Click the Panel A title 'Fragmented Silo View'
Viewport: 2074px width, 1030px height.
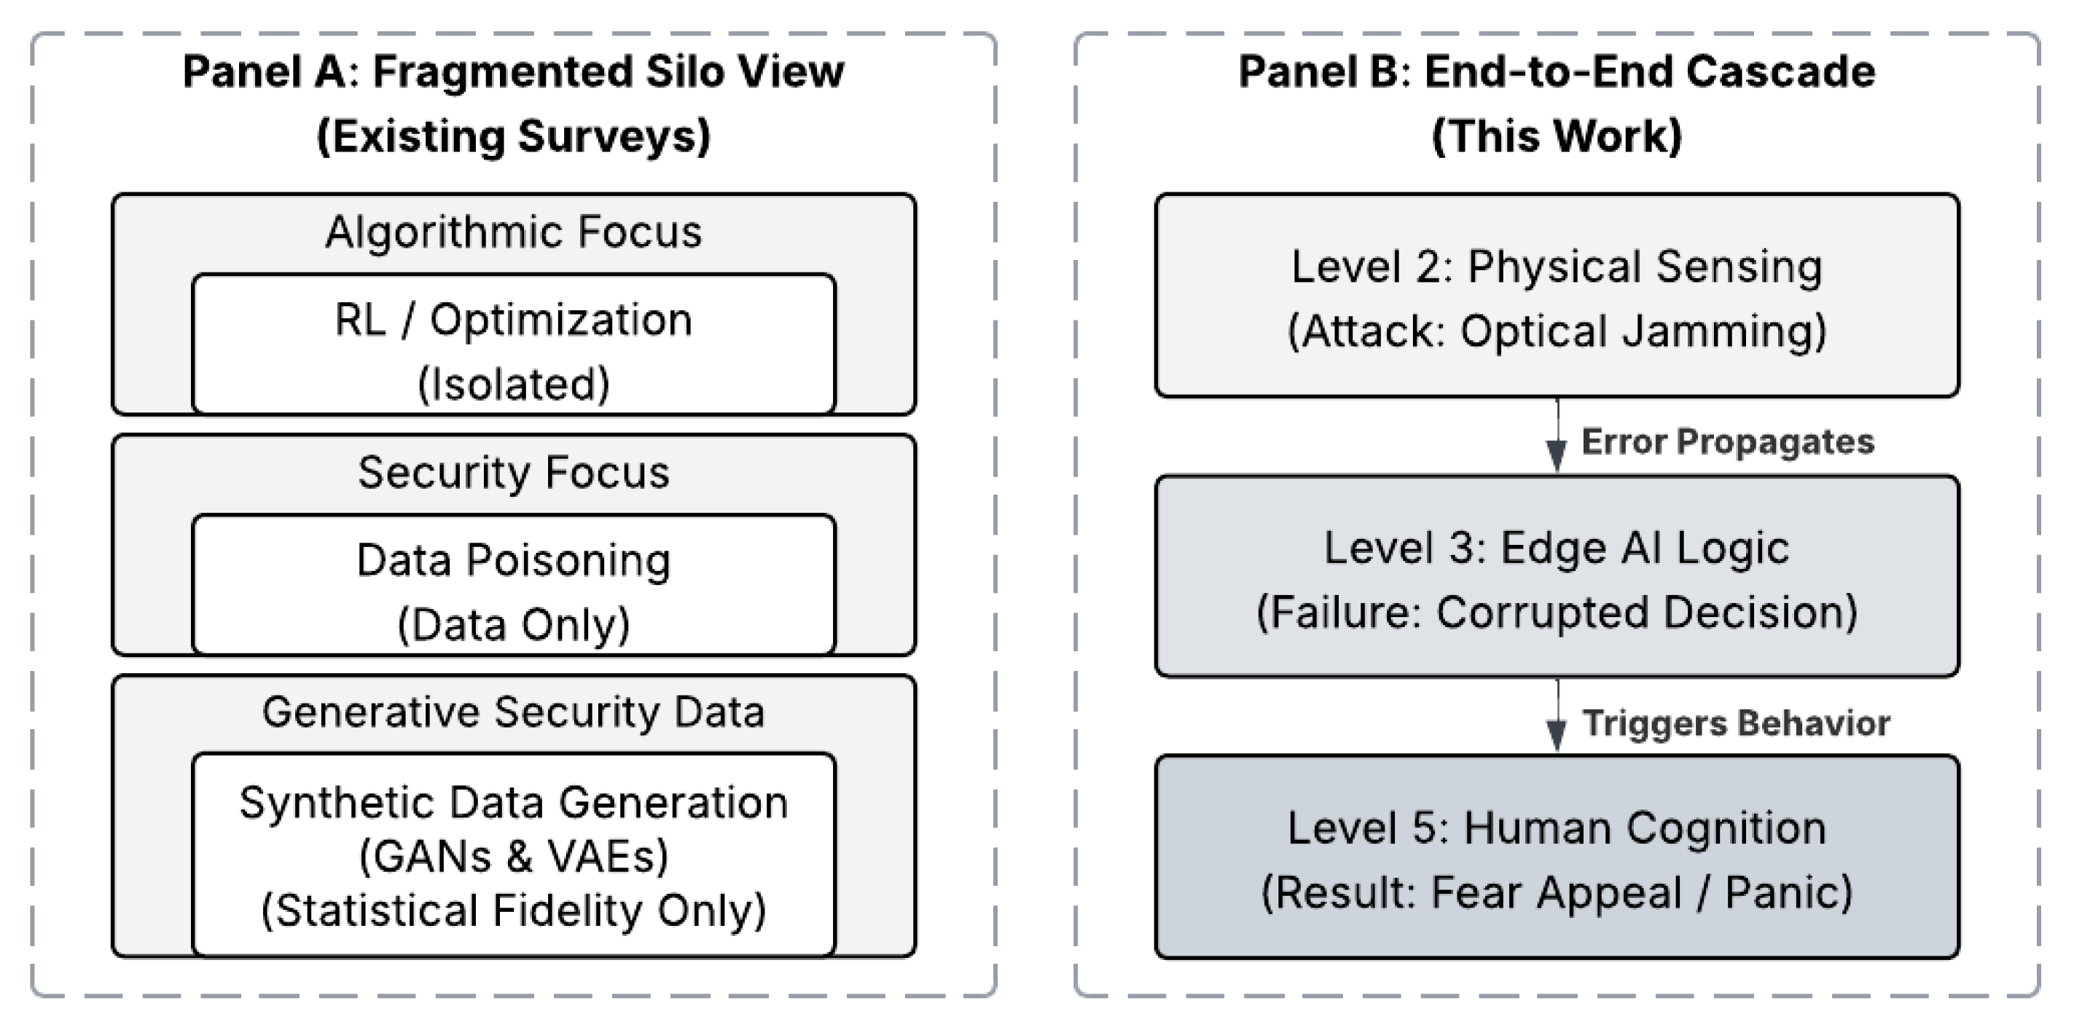click(x=608, y=71)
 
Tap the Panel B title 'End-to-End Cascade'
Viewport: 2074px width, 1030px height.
click(x=1650, y=71)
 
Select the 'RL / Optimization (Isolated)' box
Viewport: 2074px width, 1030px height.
click(x=514, y=345)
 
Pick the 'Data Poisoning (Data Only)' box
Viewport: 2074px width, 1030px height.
click(x=514, y=585)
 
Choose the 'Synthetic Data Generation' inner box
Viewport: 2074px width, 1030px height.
click(x=514, y=854)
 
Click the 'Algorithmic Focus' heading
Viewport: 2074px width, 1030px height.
click(x=514, y=232)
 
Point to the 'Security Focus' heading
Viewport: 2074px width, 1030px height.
click(x=514, y=471)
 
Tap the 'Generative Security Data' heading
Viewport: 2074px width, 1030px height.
click(x=514, y=712)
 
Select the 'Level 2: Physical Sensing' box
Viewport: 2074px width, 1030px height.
click(x=1557, y=295)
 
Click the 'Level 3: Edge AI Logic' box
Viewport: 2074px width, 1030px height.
click(x=1557, y=576)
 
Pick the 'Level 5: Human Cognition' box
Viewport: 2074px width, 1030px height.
click(x=1557, y=857)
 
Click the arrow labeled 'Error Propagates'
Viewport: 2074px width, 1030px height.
click(x=1557, y=436)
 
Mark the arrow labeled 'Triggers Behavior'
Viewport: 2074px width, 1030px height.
click(x=1557, y=716)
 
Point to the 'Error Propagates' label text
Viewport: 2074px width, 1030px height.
click(x=1728, y=441)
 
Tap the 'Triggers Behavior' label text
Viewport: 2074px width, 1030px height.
click(x=1737, y=723)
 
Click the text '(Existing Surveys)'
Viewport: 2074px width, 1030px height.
click(x=514, y=136)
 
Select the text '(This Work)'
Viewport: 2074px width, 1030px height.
click(x=1557, y=136)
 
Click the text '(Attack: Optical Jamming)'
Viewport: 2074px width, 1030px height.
click(x=1557, y=331)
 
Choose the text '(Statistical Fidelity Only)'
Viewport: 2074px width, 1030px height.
click(x=514, y=911)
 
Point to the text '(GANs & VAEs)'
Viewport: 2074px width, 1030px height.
click(x=514, y=856)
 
